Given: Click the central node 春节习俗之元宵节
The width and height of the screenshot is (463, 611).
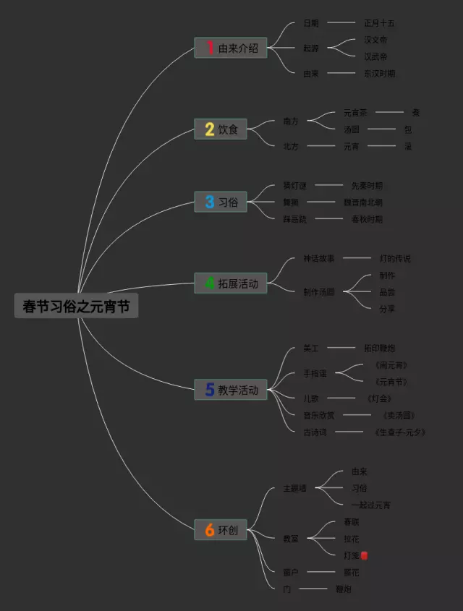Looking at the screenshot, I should pyautogui.click(x=76, y=307).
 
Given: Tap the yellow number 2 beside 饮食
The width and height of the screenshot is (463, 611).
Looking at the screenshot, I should pyautogui.click(x=209, y=130).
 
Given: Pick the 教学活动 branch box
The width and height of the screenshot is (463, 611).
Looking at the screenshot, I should pyautogui.click(x=231, y=390).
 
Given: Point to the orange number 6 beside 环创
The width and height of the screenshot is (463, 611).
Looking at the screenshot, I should pyautogui.click(x=209, y=531).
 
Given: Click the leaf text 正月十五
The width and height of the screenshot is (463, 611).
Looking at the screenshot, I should pyautogui.click(x=379, y=23).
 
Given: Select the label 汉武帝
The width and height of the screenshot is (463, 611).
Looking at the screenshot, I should pyautogui.click(x=375, y=56).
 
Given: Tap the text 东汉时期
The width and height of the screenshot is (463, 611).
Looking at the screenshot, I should pyautogui.click(x=379, y=73).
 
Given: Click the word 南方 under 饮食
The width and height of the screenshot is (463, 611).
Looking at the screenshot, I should pyautogui.click(x=291, y=121).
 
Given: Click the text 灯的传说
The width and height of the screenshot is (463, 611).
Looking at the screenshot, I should pyautogui.click(x=395, y=258).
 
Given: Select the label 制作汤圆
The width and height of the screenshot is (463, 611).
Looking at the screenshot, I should pyautogui.click(x=319, y=292).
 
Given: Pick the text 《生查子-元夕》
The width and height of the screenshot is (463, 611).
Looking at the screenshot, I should pyautogui.click(x=400, y=432).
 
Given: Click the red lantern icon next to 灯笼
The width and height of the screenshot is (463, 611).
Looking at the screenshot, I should pyautogui.click(x=365, y=555).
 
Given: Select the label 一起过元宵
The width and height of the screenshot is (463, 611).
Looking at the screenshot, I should pyautogui.click(x=371, y=505).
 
